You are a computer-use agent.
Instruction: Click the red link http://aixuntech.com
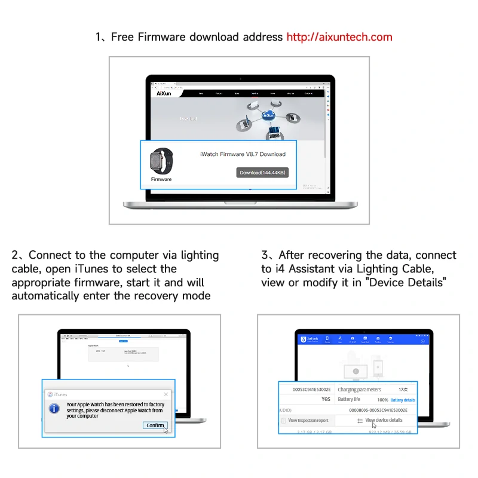pyautogui.click(x=339, y=37)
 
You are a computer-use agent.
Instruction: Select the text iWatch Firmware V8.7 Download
pyautogui.click(x=243, y=154)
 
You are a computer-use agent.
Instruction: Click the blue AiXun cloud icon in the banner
pyautogui.click(x=269, y=115)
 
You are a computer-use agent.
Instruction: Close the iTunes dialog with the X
pyautogui.click(x=166, y=394)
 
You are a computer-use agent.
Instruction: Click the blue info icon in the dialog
pyautogui.click(x=54, y=409)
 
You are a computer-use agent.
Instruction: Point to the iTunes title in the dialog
pyautogui.click(x=60, y=394)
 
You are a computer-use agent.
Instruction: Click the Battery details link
pyautogui.click(x=403, y=400)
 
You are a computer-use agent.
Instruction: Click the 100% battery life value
pyautogui.click(x=382, y=400)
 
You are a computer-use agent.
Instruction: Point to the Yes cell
pyautogui.click(x=326, y=399)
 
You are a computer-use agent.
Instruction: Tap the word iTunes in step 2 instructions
pyautogui.click(x=93, y=269)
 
